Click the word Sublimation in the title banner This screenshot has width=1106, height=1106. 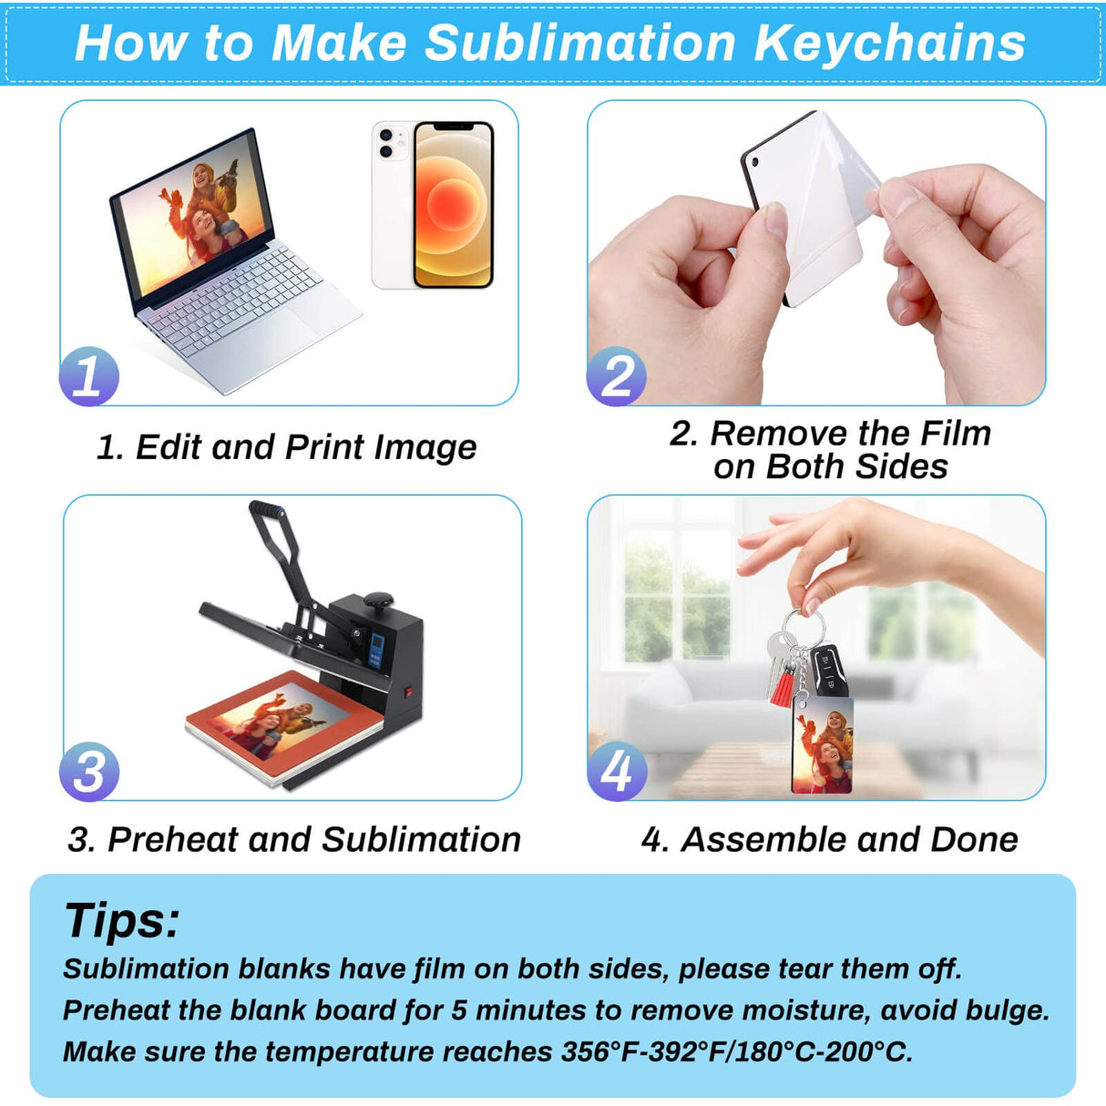pos(580,43)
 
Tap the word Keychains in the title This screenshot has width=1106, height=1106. pos(889,43)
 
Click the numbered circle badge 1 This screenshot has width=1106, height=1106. pos(89,376)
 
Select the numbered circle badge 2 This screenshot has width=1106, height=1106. pos(617,376)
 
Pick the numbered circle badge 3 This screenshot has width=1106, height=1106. pos(89,772)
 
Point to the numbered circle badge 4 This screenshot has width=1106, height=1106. pos(617,772)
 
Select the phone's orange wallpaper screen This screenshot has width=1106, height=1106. pos(453,205)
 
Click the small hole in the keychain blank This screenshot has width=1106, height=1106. pos(754,161)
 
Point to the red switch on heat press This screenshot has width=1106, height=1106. pos(409,692)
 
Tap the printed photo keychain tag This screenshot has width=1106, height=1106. pos(822,745)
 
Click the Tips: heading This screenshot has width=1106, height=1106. pos(122,920)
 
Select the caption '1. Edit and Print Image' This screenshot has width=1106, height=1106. pos(286,447)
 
